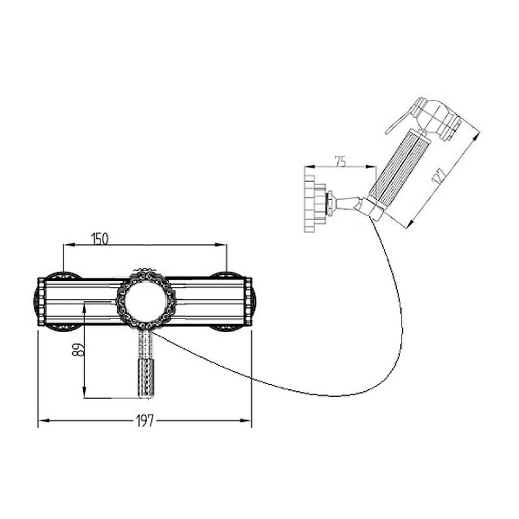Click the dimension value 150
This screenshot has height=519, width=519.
100,239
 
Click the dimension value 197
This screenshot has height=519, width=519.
145,420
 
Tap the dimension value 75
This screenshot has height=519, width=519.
340,162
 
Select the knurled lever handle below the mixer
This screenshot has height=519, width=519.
145,363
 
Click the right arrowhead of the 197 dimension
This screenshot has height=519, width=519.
245,420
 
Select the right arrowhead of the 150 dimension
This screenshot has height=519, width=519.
221,245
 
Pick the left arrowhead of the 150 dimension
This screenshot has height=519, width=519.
69,245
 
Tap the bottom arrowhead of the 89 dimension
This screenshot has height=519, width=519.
84,392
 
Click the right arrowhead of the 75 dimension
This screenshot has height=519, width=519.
370,167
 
